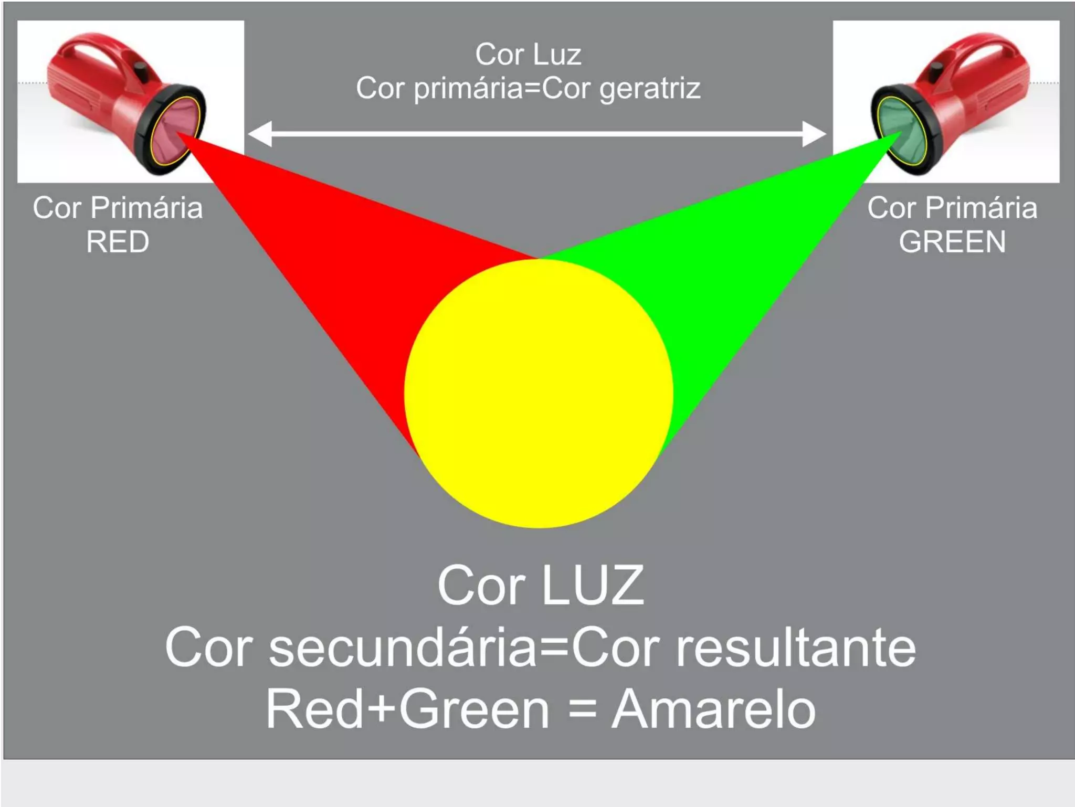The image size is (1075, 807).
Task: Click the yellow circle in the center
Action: (x=539, y=394)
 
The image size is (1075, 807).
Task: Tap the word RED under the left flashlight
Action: (x=118, y=242)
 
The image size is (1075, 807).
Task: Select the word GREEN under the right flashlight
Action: (x=952, y=242)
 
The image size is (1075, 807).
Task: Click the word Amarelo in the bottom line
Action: (x=713, y=709)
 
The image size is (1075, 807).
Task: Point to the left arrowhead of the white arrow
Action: (x=260, y=134)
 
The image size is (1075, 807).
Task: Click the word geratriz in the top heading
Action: (x=650, y=88)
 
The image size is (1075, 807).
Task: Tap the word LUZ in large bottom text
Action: (x=593, y=586)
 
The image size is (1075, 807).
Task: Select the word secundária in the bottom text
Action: (x=403, y=648)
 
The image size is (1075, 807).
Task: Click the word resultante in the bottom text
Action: (x=796, y=648)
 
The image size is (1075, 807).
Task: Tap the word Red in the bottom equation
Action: (x=314, y=709)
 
